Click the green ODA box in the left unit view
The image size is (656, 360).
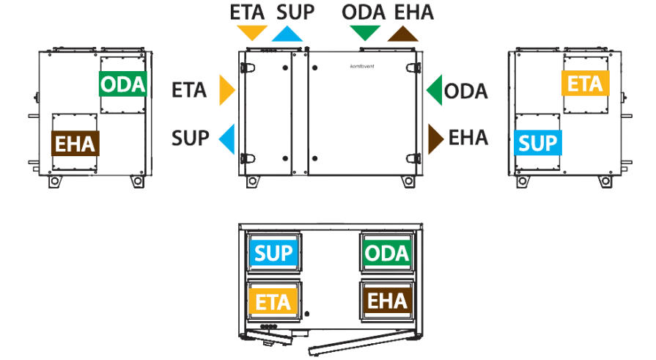pyautogui.click(x=123, y=84)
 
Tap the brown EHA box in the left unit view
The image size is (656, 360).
pyautogui.click(x=75, y=144)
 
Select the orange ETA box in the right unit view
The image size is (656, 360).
pyautogui.click(x=586, y=84)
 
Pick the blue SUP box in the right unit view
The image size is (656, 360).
pyautogui.click(x=537, y=143)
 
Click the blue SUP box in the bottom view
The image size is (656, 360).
pyautogui.click(x=273, y=253)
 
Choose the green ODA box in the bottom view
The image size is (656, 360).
pyautogui.click(x=386, y=253)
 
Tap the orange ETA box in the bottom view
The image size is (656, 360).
pyautogui.click(x=273, y=301)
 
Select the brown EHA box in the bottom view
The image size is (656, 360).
pyautogui.click(x=387, y=301)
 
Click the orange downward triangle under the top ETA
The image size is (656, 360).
pyautogui.click(x=252, y=32)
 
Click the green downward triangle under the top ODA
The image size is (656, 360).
pyautogui.click(x=365, y=32)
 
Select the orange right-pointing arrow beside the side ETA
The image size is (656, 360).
pyautogui.click(x=226, y=90)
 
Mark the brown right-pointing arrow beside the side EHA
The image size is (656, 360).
pyautogui.click(x=435, y=139)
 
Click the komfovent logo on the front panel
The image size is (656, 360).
pyautogui.click(x=362, y=66)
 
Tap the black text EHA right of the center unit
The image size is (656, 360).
pyautogui.click(x=468, y=138)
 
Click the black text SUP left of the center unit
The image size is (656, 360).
pyautogui.click(x=191, y=138)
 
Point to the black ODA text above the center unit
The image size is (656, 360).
pyautogui.click(x=364, y=12)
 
